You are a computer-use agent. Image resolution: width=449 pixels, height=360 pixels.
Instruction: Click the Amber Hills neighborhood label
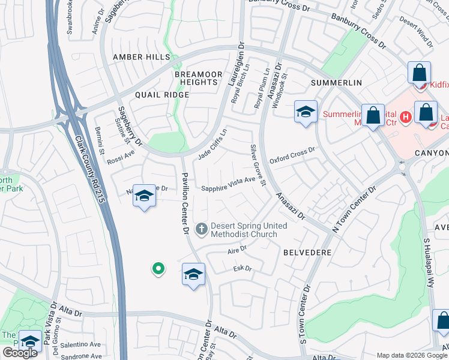coord(142,57)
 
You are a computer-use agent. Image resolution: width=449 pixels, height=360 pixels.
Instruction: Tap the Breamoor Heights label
coord(195,77)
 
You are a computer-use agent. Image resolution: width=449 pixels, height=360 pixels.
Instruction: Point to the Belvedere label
coord(307,253)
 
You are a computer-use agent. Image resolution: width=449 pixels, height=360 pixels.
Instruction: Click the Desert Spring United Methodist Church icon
coord(202,229)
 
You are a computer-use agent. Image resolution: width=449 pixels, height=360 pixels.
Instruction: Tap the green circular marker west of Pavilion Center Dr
coord(158,269)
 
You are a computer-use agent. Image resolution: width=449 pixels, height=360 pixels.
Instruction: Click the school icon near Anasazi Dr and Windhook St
coord(306,111)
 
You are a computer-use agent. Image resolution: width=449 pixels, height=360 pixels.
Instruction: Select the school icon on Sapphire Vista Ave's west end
coord(144,196)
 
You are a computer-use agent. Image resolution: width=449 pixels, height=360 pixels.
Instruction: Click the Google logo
coord(20,353)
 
